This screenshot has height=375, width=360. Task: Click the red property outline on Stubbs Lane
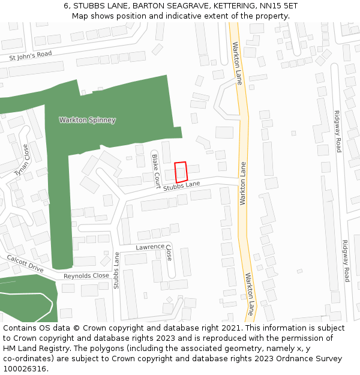[181, 172]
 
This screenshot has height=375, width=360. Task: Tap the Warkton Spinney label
[87, 120]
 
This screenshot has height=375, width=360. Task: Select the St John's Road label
[31, 56]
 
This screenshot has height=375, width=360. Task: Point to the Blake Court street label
[155, 167]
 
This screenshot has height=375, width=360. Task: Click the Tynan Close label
[21, 160]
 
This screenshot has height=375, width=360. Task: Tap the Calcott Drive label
[25, 263]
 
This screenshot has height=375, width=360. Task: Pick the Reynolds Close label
[86, 276]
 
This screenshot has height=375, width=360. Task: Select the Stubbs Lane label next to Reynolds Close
[116, 270]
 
